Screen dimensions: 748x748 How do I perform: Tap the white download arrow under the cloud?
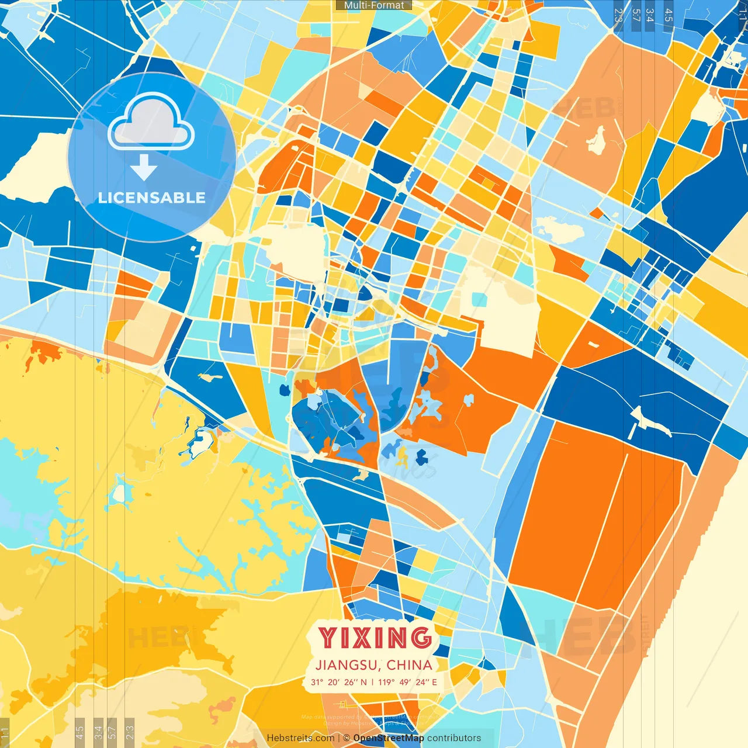coord(144,168)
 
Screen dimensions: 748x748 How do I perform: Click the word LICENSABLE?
coord(151,198)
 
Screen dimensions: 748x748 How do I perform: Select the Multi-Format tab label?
coord(374,5)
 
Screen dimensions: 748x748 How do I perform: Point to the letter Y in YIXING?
coord(327,638)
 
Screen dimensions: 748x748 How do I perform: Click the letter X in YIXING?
coord(361,638)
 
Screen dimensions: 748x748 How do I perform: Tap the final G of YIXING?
coord(421,638)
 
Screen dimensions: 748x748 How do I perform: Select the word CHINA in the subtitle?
coord(410,665)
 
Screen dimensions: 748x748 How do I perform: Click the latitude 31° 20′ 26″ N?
coord(339,682)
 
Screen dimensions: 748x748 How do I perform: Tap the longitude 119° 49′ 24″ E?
coord(407,682)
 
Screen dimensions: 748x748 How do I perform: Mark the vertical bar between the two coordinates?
coord(373,682)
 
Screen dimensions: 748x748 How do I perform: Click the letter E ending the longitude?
coord(434,682)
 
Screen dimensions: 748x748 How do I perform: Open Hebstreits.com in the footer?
coord(300,738)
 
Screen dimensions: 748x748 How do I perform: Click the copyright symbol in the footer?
coord(347,738)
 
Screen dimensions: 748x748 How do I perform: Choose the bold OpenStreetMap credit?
coord(389,738)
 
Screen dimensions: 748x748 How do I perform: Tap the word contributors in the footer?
coord(454,738)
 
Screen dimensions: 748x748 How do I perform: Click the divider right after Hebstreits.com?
coord(339,738)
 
